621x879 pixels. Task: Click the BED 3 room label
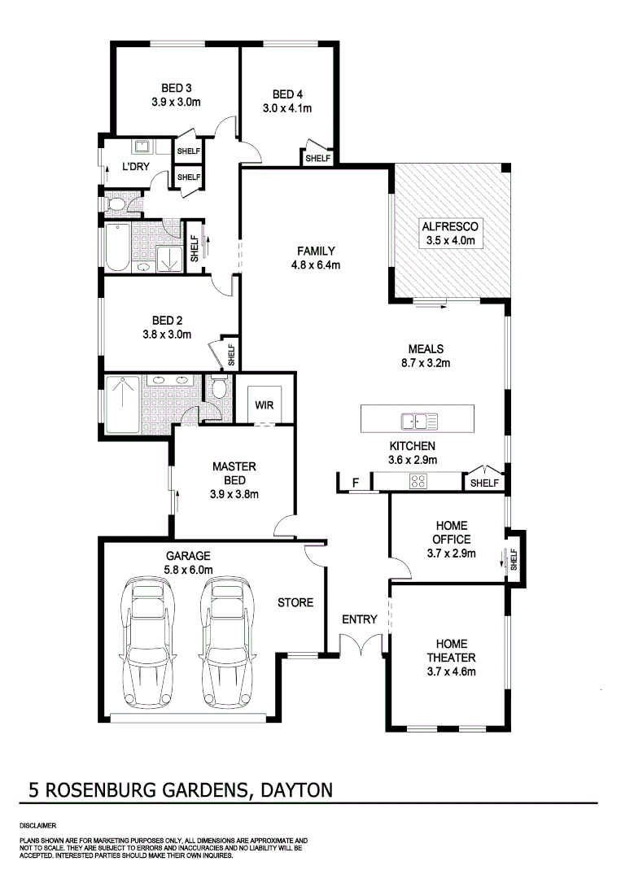[176, 88]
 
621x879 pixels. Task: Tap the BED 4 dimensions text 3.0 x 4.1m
[287, 108]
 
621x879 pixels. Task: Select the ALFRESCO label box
[453, 233]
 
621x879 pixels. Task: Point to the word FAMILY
[316, 251]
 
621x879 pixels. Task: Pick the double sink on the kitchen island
[418, 421]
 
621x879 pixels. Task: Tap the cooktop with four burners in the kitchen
[418, 482]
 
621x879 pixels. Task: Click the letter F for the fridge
[355, 483]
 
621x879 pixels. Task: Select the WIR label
[264, 405]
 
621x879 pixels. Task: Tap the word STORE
[295, 603]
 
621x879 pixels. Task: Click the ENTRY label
[360, 619]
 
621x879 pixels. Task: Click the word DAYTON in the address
[299, 789]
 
